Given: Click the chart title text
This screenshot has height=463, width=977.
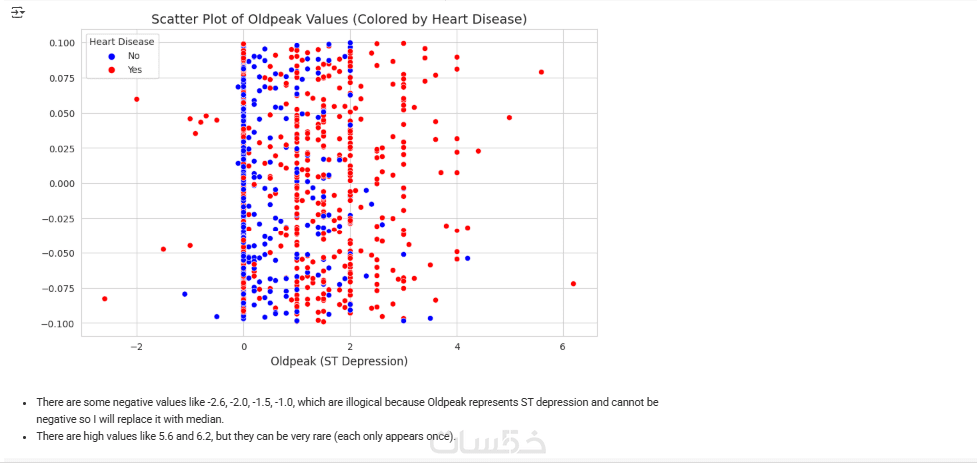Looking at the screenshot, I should [339, 19].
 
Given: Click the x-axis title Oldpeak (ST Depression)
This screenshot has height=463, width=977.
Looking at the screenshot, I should [339, 361].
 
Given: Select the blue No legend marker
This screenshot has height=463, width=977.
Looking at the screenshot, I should [111, 56].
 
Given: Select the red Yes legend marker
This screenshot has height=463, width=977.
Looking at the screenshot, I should [111, 70].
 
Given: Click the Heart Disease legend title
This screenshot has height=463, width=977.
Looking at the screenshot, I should [121, 42].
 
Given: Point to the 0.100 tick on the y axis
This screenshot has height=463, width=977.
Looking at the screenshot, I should [61, 43].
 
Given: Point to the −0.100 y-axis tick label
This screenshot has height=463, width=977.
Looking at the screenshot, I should [59, 324].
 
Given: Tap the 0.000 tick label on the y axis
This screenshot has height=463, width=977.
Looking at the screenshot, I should [61, 184].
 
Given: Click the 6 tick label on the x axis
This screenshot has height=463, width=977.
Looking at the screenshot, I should [563, 346].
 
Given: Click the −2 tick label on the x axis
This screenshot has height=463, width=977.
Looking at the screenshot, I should [136, 346].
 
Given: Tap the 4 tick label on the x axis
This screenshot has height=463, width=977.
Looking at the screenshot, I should [457, 346].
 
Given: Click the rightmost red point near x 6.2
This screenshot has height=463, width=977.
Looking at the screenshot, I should [573, 284].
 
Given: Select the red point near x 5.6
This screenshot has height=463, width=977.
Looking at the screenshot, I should [541, 72].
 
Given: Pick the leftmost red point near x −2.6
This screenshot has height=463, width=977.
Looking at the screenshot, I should [104, 299].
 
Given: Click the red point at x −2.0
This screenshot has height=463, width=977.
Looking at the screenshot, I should [136, 99].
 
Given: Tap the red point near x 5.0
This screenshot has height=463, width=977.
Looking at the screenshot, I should [509, 117].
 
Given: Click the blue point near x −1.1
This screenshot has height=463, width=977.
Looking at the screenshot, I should [185, 294].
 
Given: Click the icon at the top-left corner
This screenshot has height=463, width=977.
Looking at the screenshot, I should [17, 11].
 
